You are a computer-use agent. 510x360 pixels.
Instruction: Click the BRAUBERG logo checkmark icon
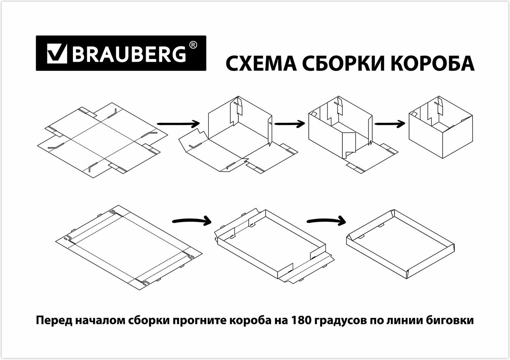(57, 53)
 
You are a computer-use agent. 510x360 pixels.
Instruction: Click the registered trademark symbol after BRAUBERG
(193, 45)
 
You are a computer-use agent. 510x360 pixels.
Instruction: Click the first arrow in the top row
(178, 124)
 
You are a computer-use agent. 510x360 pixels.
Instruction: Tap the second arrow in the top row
(289, 124)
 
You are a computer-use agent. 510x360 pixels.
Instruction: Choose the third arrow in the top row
(390, 124)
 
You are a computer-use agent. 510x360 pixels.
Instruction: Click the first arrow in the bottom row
(192, 221)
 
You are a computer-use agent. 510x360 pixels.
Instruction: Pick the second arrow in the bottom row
(327, 221)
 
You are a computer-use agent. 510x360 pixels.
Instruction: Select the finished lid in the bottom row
(400, 244)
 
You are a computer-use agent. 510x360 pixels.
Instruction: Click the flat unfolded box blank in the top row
(102, 140)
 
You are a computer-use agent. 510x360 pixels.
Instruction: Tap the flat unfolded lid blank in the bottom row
(129, 248)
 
